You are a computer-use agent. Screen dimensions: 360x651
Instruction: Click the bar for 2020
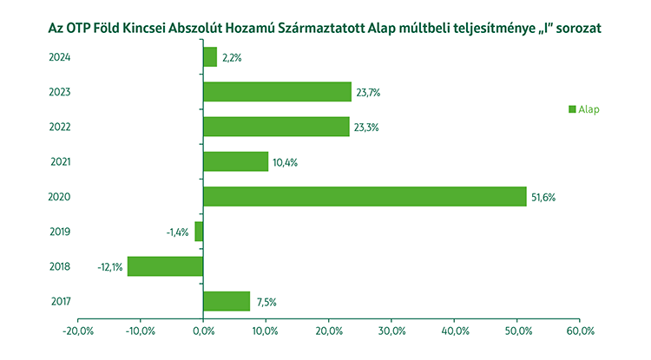[x=365, y=197]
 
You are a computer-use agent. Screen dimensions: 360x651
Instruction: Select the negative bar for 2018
[x=165, y=266]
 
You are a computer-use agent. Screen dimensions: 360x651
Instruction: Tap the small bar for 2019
[x=199, y=232]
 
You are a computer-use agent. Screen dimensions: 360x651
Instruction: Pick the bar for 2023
[x=277, y=92]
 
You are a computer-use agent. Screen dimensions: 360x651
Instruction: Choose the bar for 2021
[x=235, y=161]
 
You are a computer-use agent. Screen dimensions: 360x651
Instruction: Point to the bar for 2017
[x=227, y=301]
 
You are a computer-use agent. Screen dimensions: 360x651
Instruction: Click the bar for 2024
[x=210, y=57]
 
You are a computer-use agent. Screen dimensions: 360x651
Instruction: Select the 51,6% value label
[x=543, y=198]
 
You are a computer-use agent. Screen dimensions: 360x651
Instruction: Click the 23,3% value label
[x=366, y=128]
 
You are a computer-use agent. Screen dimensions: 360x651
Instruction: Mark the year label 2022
[x=60, y=128]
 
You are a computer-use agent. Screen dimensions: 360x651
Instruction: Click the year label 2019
[x=60, y=232]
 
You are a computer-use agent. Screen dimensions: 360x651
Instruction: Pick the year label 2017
[x=60, y=301]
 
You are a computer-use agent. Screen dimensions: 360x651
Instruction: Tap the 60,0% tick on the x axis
[x=580, y=331]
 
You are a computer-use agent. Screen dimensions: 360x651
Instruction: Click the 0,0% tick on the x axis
[x=202, y=331]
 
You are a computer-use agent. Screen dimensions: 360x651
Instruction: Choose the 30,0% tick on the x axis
[x=391, y=331]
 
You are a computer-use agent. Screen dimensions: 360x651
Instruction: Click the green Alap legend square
[x=573, y=109]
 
